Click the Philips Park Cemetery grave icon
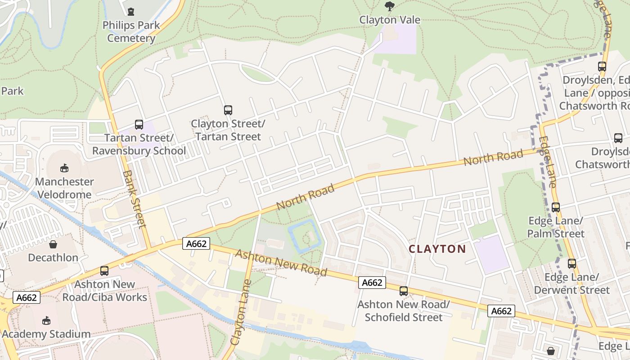[131, 12]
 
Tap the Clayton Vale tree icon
[390, 6]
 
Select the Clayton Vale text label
[390, 20]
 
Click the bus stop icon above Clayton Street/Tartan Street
[228, 110]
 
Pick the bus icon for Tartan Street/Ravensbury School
[139, 125]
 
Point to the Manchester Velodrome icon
[64, 168]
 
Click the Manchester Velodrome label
[64, 188]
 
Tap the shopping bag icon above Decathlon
[53, 244]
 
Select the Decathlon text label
[53, 257]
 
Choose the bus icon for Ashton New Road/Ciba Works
[104, 271]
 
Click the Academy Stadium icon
[46, 320]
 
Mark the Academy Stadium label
[46, 334]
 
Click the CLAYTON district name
[437, 249]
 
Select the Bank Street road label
[134, 198]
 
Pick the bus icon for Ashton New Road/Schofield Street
[404, 291]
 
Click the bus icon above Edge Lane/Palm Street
[556, 207]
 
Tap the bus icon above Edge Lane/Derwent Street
[571, 264]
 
